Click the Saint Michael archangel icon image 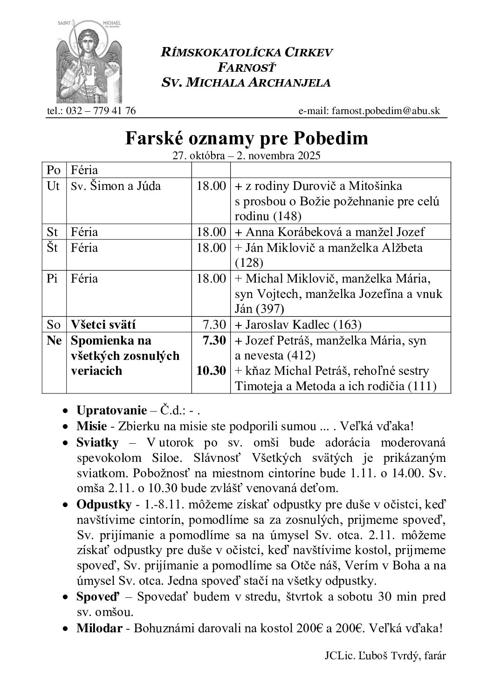(x=88, y=61)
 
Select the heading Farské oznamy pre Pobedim (x=246, y=138)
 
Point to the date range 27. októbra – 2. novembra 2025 (x=246, y=156)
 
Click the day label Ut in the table (x=54, y=186)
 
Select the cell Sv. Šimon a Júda (x=116, y=186)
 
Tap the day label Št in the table (x=53, y=248)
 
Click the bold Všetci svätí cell (x=103, y=325)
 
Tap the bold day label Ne (x=54, y=340)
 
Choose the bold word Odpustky (x=103, y=505)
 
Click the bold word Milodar (x=99, y=628)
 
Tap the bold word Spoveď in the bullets (x=98, y=596)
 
